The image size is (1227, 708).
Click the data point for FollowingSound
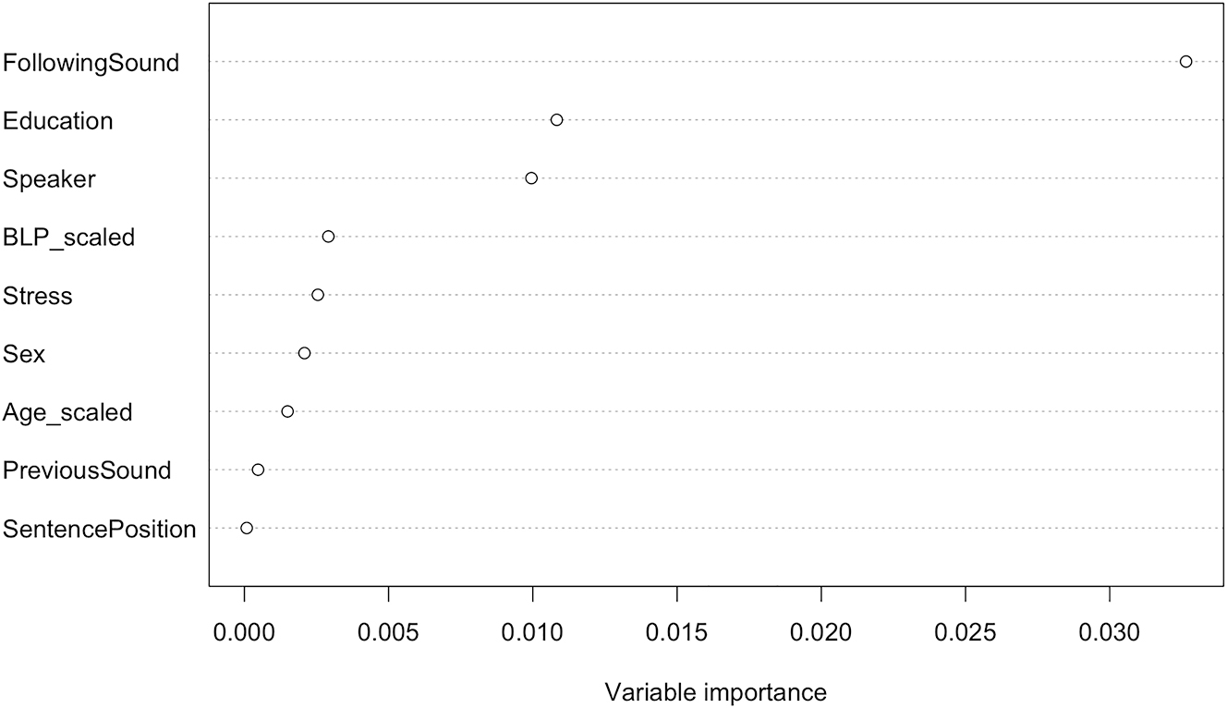pos(1185,62)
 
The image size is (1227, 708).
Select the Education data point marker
pos(556,120)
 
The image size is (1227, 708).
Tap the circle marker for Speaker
pos(531,178)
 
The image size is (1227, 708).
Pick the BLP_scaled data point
pos(328,237)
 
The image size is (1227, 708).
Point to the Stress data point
pos(318,295)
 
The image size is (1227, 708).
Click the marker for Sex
pos(304,353)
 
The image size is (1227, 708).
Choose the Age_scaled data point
pos(287,411)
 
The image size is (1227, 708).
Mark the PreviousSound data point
pos(258,470)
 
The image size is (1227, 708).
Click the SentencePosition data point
pos(247,528)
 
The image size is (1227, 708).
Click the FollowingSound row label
pos(91,64)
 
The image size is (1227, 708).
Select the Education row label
pos(57,121)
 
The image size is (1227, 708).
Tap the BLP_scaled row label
pos(68,238)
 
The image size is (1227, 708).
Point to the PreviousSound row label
pos(87,470)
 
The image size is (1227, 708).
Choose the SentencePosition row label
pos(99,530)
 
